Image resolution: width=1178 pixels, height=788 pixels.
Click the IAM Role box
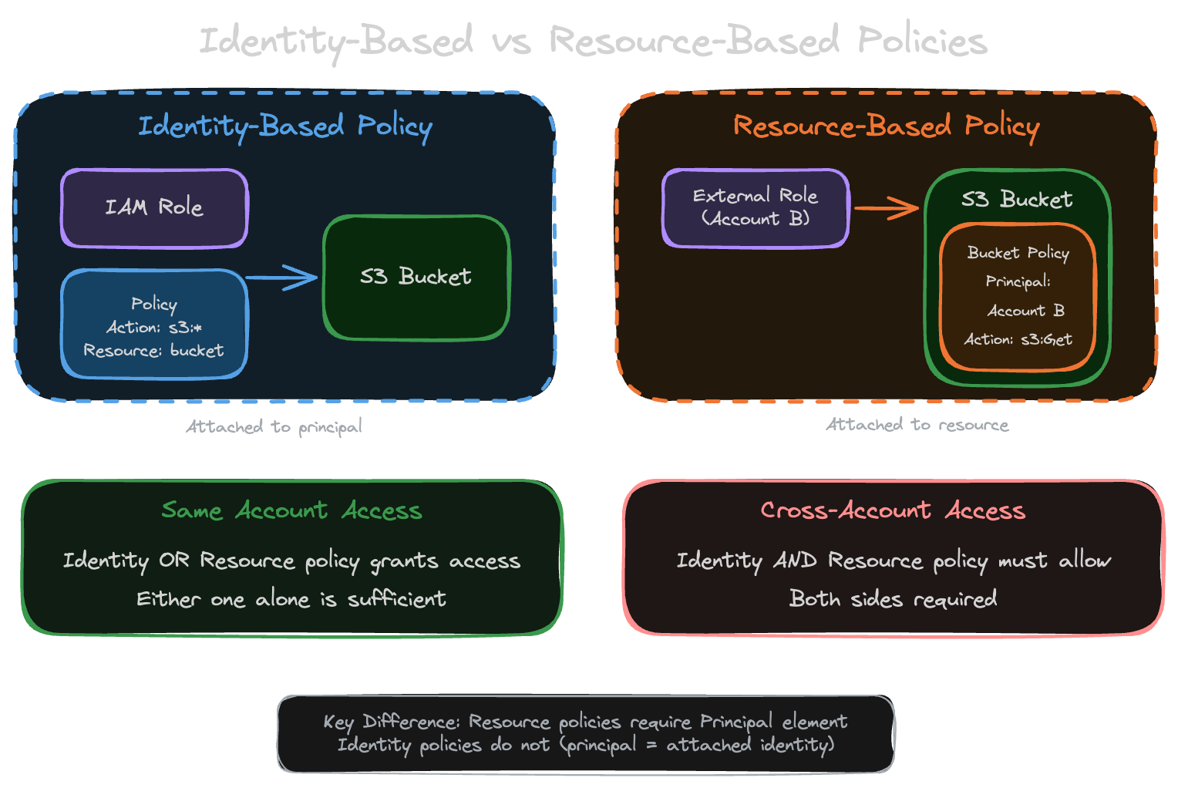tap(154, 208)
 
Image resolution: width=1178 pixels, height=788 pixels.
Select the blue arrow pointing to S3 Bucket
tap(282, 278)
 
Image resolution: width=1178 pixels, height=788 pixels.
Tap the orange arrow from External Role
tap(887, 208)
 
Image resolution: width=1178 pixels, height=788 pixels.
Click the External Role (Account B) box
tap(755, 207)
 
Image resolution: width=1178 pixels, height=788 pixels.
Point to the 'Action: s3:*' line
tap(154, 328)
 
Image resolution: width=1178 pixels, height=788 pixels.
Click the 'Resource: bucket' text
tap(154, 351)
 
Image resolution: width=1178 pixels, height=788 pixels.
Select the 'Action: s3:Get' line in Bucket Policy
tap(1018, 339)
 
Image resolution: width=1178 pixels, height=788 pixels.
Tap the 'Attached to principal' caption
tap(274, 426)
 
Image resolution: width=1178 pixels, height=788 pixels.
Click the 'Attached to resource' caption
tap(917, 425)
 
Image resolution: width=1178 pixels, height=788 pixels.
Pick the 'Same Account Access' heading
tap(291, 510)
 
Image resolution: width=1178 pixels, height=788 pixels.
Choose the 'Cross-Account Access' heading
tap(893, 510)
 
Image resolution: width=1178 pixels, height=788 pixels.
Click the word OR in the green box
tap(173, 561)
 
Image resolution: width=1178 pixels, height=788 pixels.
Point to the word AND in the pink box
tap(794, 561)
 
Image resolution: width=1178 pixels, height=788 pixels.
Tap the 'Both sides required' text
tap(893, 599)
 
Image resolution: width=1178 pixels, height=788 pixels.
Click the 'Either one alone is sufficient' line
tap(291, 599)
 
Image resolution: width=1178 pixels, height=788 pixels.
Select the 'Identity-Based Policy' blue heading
tap(284, 126)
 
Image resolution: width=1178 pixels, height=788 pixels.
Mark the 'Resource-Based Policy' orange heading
tap(886, 126)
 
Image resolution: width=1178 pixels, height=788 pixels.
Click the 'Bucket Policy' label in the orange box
tap(1018, 253)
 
